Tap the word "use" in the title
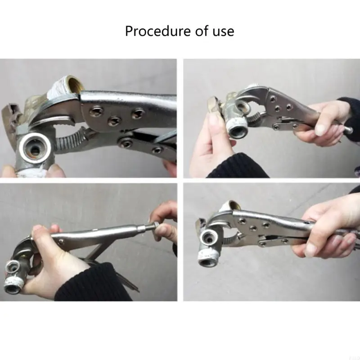223,31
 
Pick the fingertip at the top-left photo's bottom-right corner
170,168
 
